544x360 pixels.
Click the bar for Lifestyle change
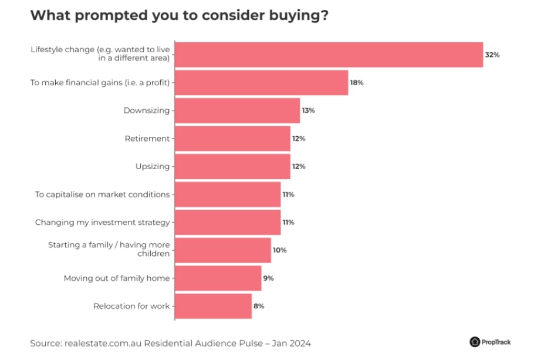point(329,55)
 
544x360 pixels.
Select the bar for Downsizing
point(237,110)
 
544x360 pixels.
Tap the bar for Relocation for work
point(213,306)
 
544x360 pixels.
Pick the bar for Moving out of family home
point(218,278)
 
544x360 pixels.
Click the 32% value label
point(492,55)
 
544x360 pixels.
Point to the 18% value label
point(357,83)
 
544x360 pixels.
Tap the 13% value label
point(308,110)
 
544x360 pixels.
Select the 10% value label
point(279,250)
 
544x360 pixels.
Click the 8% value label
point(259,306)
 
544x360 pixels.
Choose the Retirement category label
point(147,139)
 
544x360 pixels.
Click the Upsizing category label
point(153,166)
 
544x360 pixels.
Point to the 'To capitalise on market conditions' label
point(102,194)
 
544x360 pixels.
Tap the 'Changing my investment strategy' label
point(102,223)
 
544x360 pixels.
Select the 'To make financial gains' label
point(100,83)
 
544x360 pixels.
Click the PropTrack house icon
point(475,342)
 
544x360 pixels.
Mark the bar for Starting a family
point(223,250)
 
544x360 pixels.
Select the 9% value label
point(268,278)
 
